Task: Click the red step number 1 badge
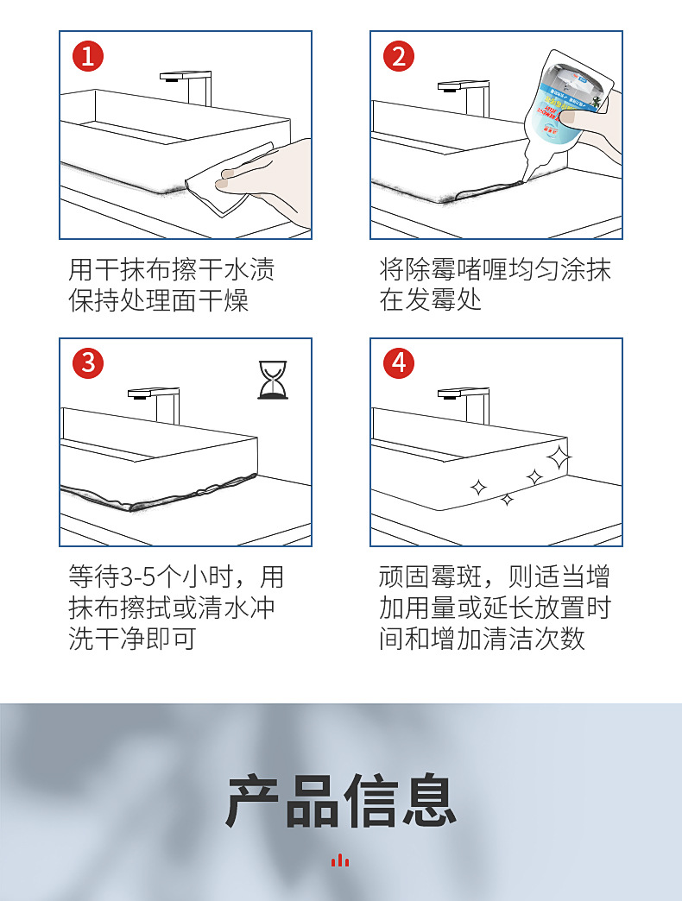pyautogui.click(x=87, y=57)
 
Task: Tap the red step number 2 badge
pyautogui.click(x=398, y=57)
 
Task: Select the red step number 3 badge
pyautogui.click(x=87, y=362)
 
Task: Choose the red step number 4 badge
pyautogui.click(x=398, y=362)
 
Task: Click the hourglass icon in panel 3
pyautogui.click(x=272, y=381)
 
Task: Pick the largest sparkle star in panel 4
pyautogui.click(x=559, y=457)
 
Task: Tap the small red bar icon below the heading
pyautogui.click(x=340, y=860)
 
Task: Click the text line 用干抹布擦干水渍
pyautogui.click(x=172, y=269)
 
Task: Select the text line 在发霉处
pyautogui.click(x=431, y=300)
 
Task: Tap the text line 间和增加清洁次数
pyautogui.click(x=483, y=639)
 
